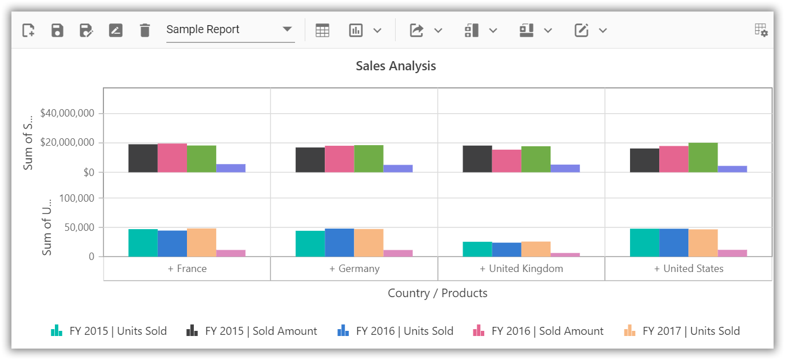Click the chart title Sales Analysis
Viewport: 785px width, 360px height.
tap(396, 66)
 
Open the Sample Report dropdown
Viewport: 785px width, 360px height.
tap(230, 30)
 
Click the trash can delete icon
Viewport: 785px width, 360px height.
tap(145, 30)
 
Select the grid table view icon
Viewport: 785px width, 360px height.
tap(322, 30)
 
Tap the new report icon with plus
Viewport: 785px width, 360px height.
tap(28, 30)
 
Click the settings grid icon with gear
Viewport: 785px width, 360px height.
tap(761, 30)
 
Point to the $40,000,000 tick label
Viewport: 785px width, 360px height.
tap(67, 113)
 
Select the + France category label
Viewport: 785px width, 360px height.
tap(187, 269)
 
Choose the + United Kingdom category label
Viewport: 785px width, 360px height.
tap(521, 269)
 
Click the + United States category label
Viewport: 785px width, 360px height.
tap(689, 269)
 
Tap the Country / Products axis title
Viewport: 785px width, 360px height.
tap(437, 293)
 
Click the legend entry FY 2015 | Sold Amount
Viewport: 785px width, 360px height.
tap(252, 331)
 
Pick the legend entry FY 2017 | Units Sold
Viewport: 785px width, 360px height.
tap(682, 331)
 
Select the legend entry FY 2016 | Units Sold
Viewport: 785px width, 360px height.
tap(396, 331)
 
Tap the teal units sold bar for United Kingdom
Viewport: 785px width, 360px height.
tap(477, 249)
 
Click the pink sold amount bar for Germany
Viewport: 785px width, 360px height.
tap(340, 159)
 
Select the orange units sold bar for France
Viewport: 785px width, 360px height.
tap(201, 242)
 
